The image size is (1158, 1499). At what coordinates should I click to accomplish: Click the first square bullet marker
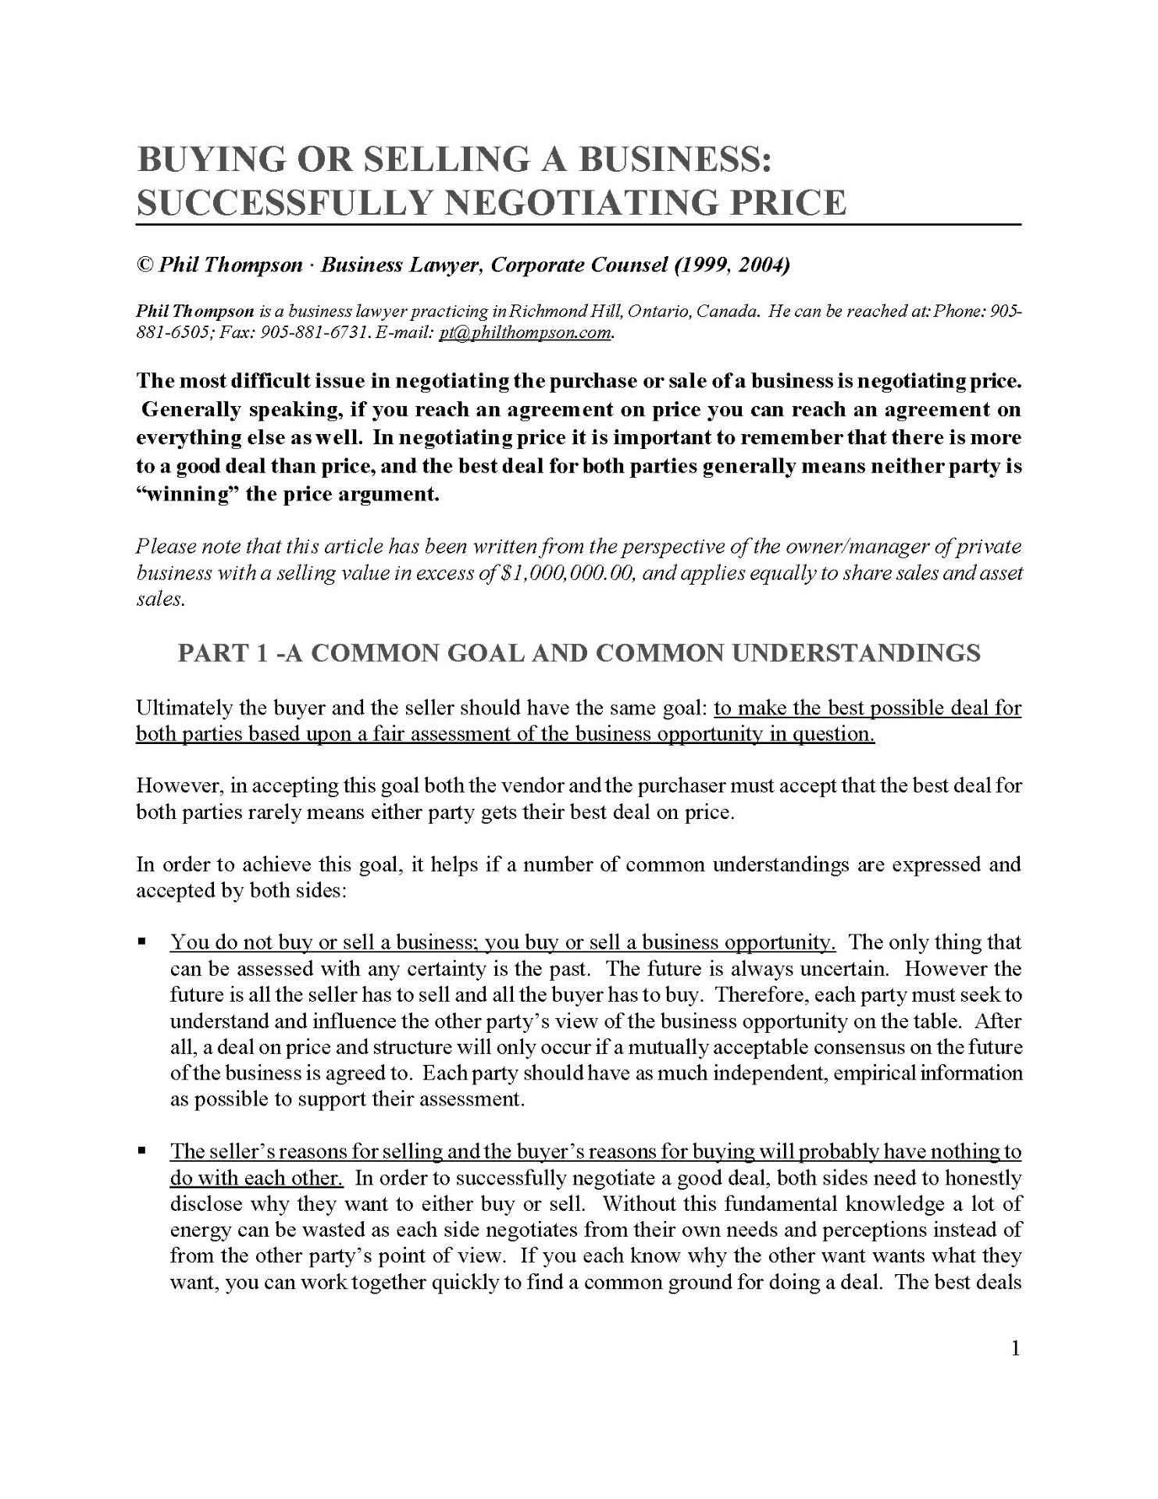(142, 942)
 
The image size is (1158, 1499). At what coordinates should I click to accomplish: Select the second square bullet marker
(142, 1151)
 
